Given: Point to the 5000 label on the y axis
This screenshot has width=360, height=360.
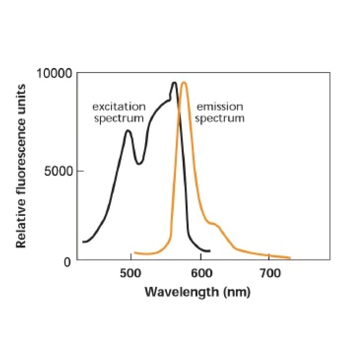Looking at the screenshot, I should coord(58,171).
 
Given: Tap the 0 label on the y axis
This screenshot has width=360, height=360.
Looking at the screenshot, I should coord(67,262).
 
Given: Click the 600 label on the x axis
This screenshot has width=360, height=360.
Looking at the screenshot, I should coord(201,272).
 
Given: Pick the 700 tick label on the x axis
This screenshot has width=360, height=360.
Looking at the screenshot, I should coord(269,272).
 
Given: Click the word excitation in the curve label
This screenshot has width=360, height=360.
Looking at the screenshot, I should coord(119,107).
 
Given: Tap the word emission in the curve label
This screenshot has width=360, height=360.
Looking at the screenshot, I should coord(220,107).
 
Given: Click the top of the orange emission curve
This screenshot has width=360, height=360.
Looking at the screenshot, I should coord(184,83).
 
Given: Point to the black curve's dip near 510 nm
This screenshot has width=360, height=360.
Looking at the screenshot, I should coord(139,164).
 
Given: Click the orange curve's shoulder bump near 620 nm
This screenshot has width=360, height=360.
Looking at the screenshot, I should coord(214,224).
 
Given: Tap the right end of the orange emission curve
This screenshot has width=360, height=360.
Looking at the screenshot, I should coord(290,258).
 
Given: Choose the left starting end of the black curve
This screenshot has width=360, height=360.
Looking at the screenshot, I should coord(83,242).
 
